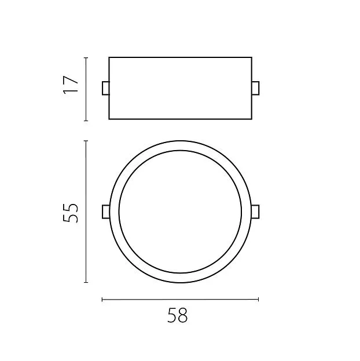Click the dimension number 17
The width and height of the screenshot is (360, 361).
click(71, 85)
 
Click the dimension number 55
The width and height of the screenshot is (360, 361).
click(71, 213)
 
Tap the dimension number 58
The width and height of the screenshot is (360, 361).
click(177, 315)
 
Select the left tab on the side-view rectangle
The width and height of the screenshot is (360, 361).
click(106, 88)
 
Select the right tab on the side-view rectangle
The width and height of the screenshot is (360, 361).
click(256, 88)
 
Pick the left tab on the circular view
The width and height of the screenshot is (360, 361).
click(106, 212)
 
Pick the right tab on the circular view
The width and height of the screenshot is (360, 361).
click(256, 212)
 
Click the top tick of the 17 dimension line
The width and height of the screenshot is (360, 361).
click(86, 57)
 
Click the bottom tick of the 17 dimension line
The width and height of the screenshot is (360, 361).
click(86, 121)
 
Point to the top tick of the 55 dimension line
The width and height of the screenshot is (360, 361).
click(86, 141)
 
